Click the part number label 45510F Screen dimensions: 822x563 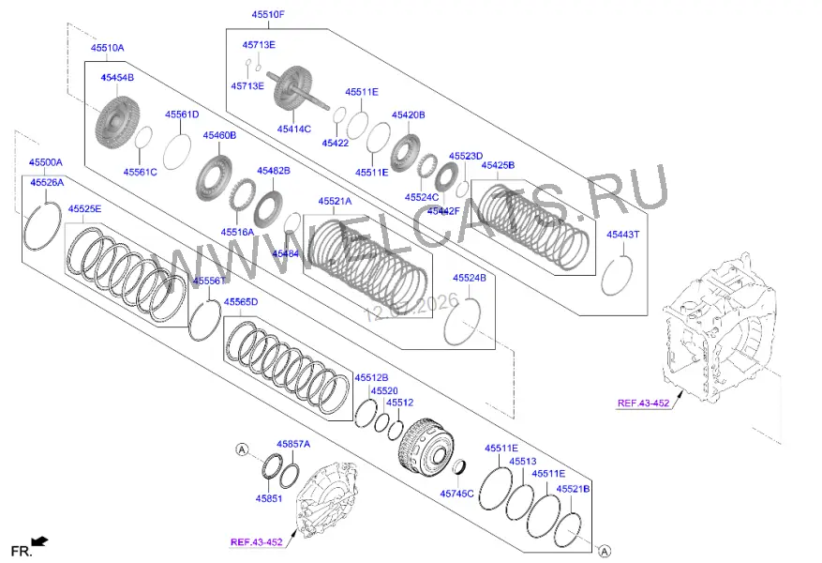click(268, 15)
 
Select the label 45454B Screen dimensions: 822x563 click(117, 78)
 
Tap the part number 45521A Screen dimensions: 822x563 click(335, 202)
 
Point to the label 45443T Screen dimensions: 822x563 click(622, 235)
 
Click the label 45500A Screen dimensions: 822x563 click(46, 162)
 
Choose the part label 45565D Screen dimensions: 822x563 click(241, 302)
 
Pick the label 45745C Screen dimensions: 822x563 click(456, 494)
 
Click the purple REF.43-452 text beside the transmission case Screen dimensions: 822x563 click(643, 403)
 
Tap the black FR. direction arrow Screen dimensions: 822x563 click(40, 541)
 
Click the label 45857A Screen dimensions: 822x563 click(293, 445)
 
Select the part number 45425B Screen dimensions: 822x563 click(498, 165)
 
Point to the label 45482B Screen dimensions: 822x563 click(273, 171)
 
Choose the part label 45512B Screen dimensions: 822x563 click(371, 378)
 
